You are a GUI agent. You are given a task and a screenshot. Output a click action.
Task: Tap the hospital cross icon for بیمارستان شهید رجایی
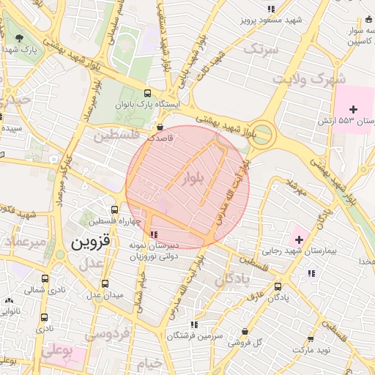tap(299, 239)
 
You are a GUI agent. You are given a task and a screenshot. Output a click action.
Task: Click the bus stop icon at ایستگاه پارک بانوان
tap(148, 93)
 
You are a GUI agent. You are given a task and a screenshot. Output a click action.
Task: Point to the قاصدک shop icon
tap(160, 127)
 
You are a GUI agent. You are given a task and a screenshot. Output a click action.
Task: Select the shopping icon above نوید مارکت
tap(311, 339)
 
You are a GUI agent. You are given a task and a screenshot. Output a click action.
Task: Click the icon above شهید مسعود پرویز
tap(272, 9)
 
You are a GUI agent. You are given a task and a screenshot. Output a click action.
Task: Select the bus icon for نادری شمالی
tap(45, 279)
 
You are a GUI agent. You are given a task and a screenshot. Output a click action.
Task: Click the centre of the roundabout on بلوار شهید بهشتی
tap(262, 135)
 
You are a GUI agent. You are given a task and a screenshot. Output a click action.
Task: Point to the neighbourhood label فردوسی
tap(106, 334)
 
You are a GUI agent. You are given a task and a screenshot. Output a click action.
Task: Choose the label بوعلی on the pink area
tap(59, 352)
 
